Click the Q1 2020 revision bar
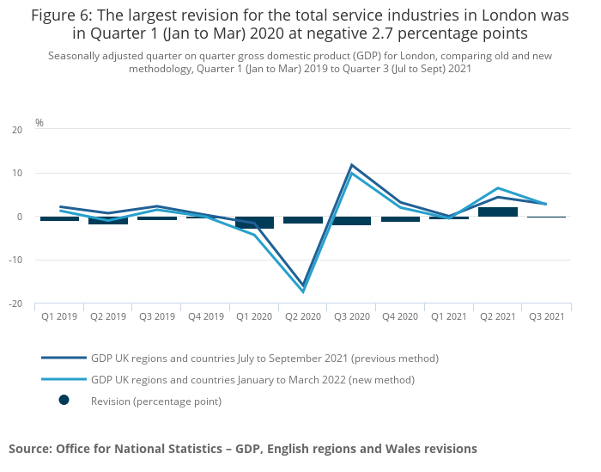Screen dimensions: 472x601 point(254,223)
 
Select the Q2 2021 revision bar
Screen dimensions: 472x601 point(498,211)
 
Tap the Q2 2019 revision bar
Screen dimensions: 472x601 point(108,221)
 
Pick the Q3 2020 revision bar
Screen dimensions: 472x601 point(352,221)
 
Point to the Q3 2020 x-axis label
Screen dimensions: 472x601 point(351,316)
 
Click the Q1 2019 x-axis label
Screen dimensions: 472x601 point(59,316)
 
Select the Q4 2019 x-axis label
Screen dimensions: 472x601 point(205,316)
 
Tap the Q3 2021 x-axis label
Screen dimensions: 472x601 point(547,316)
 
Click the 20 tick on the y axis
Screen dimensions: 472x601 point(17,130)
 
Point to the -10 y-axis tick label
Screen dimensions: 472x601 point(15,260)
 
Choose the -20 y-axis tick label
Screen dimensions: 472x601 point(15,303)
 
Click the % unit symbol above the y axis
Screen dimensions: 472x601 point(39,123)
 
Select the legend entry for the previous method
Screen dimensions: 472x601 point(264,358)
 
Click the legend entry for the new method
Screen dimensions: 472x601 point(252,379)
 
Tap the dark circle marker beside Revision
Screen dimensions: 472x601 point(64,400)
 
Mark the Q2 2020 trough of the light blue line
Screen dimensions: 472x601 point(303,291)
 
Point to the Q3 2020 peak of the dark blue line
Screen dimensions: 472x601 point(352,165)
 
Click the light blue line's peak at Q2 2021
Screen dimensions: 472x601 point(498,188)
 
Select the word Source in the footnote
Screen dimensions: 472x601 point(28,449)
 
